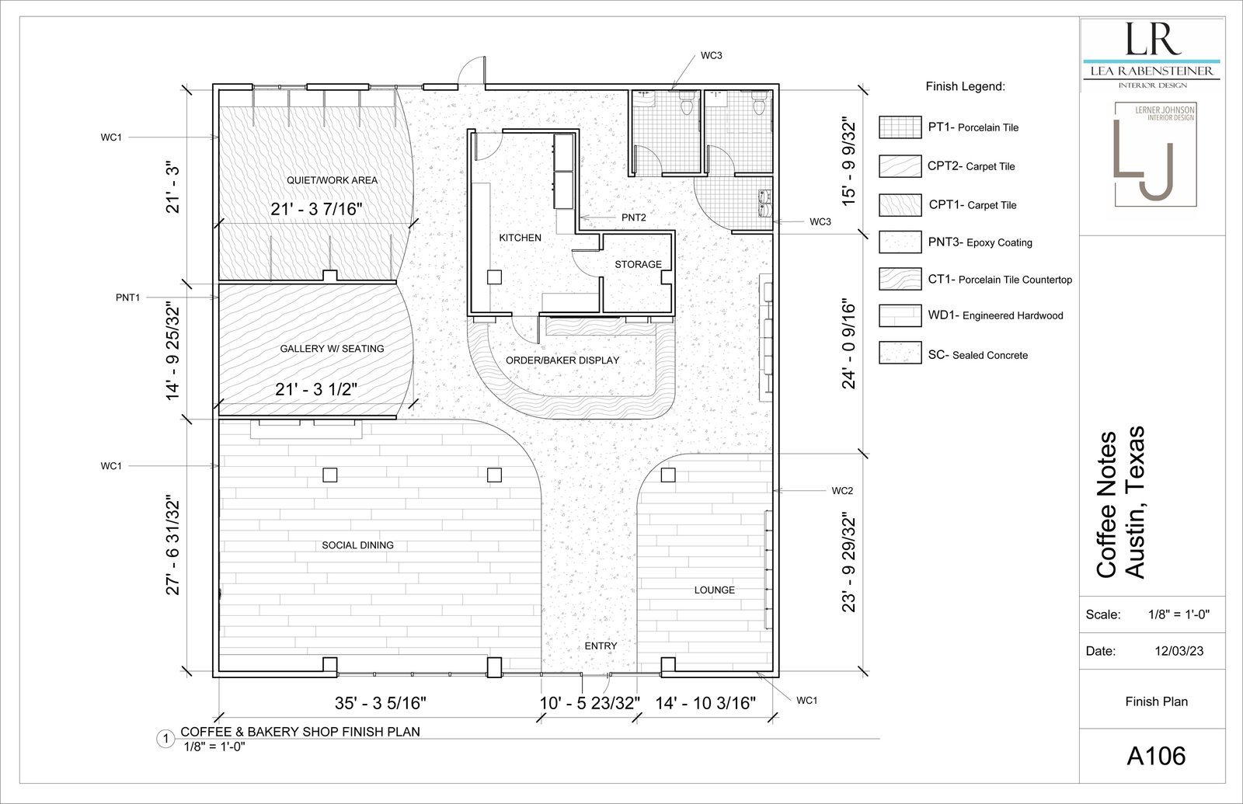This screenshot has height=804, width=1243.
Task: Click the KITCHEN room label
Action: [520, 238]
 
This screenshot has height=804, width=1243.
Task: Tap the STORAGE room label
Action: [638, 264]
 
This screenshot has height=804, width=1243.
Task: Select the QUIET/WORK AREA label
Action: [332, 180]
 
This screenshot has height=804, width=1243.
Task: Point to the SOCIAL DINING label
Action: [358, 545]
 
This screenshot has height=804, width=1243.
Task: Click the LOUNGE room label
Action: [715, 590]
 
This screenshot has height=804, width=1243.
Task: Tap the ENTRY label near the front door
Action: [601, 646]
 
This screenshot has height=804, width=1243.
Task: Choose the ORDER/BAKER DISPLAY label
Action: [562, 360]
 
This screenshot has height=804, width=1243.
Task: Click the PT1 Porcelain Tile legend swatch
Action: [900, 127]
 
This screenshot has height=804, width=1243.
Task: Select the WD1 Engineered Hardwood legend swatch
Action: [900, 315]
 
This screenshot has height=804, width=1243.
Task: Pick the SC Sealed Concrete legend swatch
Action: [900, 353]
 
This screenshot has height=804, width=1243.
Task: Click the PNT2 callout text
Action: [634, 218]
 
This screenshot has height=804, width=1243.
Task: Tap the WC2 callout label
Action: [842, 490]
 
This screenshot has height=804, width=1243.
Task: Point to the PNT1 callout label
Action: [127, 298]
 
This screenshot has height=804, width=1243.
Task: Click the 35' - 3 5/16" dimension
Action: [381, 703]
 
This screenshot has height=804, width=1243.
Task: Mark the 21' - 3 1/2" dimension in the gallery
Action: [316, 389]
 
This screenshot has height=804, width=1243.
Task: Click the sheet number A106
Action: [1157, 756]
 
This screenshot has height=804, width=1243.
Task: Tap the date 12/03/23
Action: [1179, 651]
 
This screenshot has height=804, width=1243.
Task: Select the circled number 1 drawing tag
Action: [165, 739]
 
